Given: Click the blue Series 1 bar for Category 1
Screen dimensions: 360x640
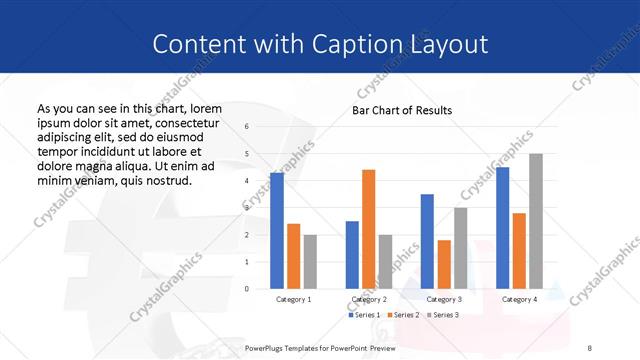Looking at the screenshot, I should (x=277, y=231).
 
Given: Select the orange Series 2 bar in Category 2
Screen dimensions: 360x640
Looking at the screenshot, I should (x=369, y=229).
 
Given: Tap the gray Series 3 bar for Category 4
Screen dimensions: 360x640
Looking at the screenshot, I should (x=536, y=221).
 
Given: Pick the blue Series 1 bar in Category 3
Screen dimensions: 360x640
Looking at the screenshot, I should (x=427, y=241).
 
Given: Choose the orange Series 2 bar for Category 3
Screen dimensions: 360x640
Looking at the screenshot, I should (x=444, y=264).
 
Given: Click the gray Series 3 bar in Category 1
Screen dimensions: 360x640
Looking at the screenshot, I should (x=310, y=262).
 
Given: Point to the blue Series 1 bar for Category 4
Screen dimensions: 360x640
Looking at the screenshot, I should (x=502, y=228).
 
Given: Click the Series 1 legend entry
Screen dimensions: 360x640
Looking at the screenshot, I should (x=365, y=315).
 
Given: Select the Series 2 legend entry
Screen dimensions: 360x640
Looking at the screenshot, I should (x=402, y=315).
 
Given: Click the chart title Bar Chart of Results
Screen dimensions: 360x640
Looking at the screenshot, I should (x=402, y=110).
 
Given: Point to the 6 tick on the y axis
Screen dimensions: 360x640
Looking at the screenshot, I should (x=247, y=127).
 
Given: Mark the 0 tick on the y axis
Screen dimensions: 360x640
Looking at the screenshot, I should (x=247, y=289).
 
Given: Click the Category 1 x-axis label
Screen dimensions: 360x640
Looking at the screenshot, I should (x=293, y=299).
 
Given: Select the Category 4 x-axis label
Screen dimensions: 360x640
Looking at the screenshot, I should (x=519, y=299).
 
